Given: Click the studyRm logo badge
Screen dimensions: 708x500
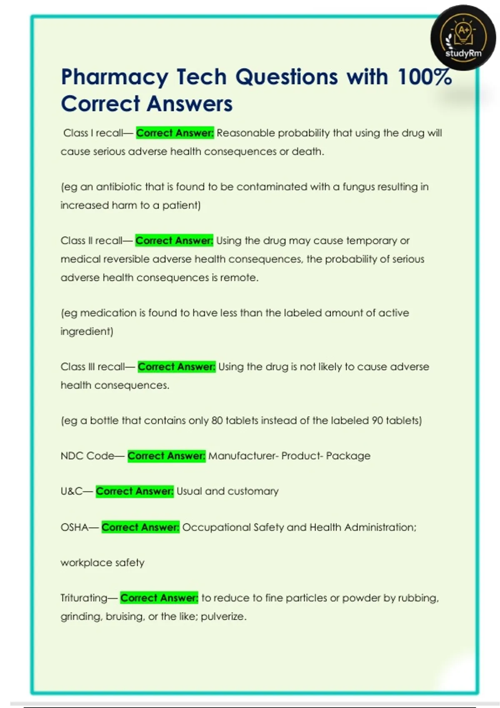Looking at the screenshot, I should tap(463, 37).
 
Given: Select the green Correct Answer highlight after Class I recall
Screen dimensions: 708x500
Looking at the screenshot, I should tap(175, 133).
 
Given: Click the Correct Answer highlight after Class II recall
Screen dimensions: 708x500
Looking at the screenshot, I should tap(174, 240).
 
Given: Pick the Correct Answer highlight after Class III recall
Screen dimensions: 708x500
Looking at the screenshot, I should tap(177, 366).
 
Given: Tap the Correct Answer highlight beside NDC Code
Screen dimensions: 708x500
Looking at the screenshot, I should tap(166, 456).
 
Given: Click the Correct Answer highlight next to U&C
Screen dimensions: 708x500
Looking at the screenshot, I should tap(135, 491).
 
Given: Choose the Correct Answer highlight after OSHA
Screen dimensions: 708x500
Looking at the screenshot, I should tap(140, 527).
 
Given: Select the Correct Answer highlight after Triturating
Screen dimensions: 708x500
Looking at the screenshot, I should tap(159, 598).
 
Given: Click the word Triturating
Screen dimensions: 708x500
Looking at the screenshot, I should tap(84, 598).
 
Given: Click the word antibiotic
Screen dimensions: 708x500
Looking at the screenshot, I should tap(119, 187).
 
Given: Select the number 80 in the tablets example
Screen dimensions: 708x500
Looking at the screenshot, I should tap(217, 420).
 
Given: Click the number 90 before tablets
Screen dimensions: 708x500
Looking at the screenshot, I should tap(377, 420).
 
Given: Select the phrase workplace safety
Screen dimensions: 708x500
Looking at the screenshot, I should tap(102, 563).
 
